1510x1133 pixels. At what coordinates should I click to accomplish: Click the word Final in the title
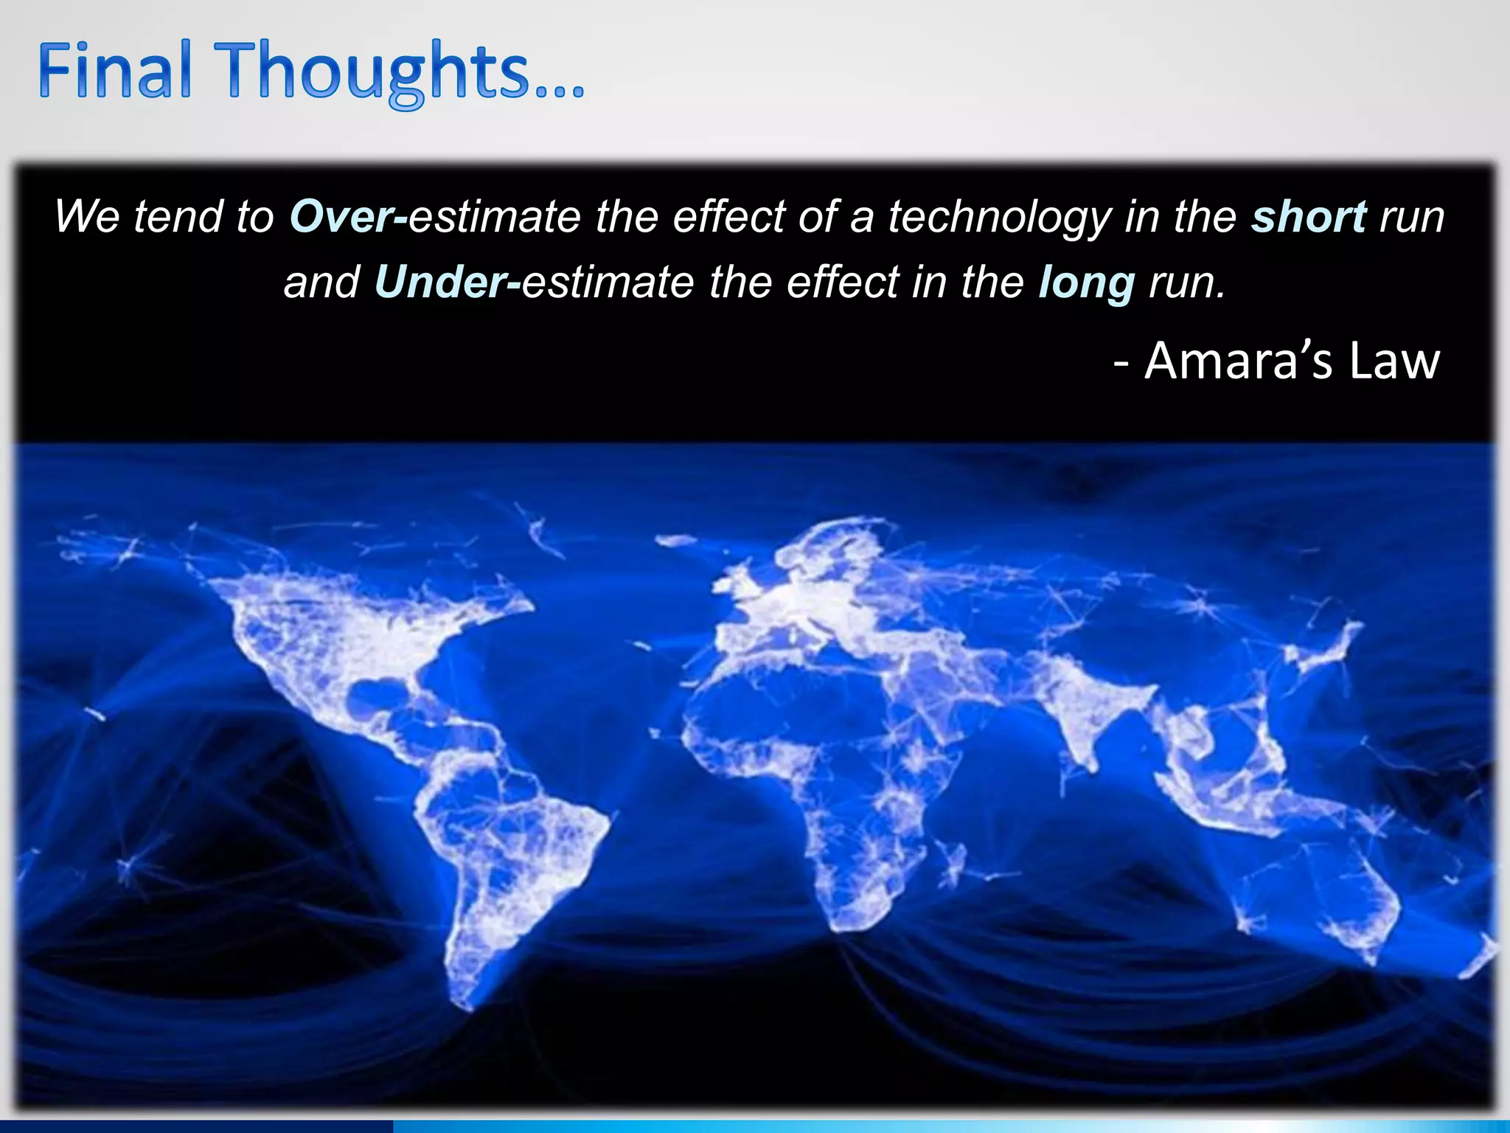point(114,72)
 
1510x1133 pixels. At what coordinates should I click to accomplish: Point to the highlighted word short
point(1309,217)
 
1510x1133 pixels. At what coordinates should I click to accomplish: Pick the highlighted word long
point(1086,283)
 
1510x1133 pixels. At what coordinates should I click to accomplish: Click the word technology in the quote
point(999,217)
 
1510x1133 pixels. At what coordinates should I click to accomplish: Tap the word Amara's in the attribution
point(1239,361)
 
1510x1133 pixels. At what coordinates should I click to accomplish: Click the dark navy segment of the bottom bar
point(195,1126)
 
